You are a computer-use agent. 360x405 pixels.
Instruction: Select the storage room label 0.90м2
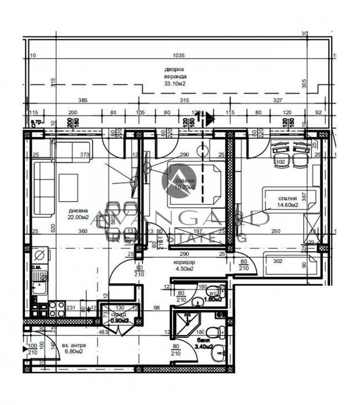[x=119, y=320]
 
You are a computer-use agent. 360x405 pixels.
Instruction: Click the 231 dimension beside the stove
[x=72, y=308]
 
